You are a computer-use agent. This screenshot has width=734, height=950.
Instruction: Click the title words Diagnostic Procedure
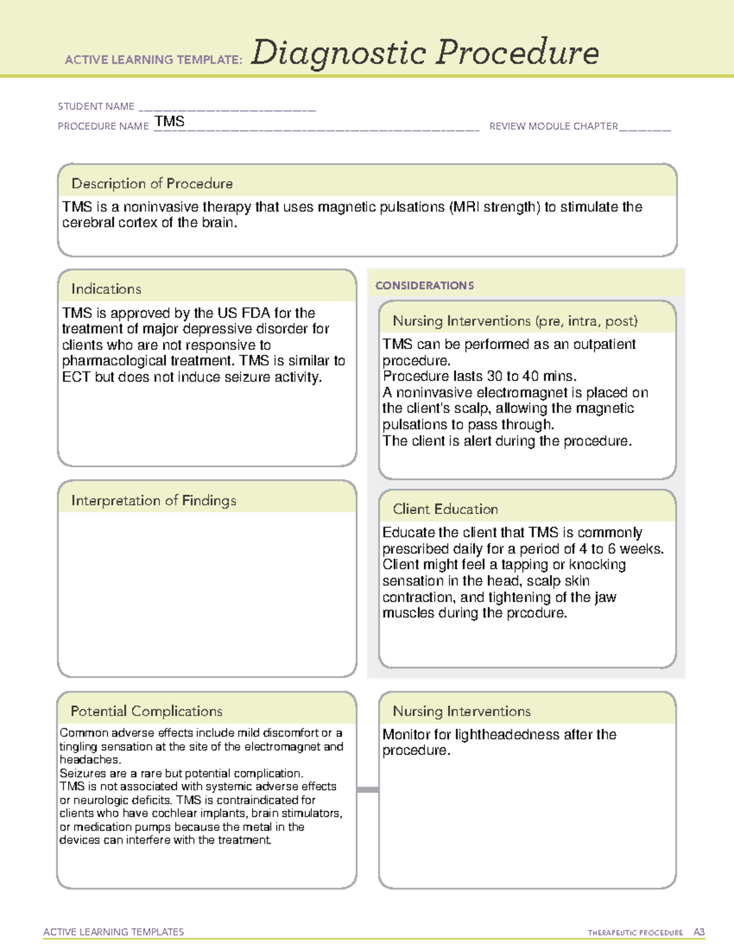424,53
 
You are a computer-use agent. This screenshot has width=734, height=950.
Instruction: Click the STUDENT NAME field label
96,106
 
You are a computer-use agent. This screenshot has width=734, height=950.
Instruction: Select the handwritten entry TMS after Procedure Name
169,122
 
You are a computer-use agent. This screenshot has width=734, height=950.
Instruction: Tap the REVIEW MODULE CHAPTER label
554,127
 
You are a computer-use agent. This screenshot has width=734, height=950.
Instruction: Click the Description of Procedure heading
152,184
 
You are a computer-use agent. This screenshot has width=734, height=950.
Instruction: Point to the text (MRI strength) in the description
495,207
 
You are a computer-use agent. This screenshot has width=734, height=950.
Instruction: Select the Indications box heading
106,289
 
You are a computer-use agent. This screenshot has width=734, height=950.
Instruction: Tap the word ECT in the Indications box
76,377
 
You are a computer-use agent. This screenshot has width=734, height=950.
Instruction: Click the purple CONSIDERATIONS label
424,286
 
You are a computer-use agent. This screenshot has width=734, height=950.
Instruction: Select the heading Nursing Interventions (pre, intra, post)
515,321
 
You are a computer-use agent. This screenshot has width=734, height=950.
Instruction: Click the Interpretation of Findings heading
154,500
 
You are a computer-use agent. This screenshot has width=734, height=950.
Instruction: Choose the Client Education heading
445,509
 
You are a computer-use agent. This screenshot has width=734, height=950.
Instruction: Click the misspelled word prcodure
536,613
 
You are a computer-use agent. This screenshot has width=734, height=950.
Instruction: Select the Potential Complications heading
146,711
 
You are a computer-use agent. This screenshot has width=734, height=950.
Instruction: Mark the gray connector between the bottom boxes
368,790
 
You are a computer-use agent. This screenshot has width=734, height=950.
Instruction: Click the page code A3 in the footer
699,932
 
